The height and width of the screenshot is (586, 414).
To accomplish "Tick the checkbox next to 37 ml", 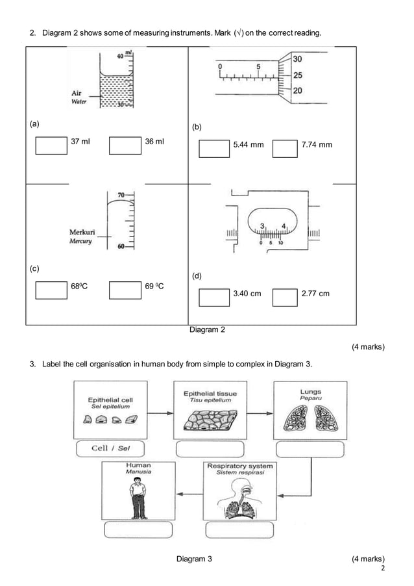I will [x=51, y=145].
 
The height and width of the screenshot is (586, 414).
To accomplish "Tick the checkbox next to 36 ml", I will [x=125, y=145].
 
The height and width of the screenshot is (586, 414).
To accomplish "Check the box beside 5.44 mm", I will [x=215, y=149].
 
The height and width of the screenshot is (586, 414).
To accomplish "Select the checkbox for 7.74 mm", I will [x=285, y=149].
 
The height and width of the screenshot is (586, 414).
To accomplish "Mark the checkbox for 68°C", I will [x=51, y=289].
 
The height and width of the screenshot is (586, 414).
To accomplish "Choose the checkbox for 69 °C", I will [x=125, y=289].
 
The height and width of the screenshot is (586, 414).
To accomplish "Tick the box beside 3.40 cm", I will [x=215, y=296].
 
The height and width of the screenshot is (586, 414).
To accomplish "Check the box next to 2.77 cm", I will [x=285, y=296].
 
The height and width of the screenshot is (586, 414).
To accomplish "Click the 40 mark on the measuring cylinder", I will [x=120, y=57].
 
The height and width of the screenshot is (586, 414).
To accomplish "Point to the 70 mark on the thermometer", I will [x=121, y=195].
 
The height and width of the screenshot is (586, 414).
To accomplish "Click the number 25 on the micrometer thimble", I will [x=297, y=75].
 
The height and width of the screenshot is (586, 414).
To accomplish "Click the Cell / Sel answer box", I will [x=109, y=448].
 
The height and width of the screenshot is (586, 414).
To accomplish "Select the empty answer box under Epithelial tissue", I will [x=210, y=449].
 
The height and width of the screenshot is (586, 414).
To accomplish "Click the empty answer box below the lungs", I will [x=310, y=449].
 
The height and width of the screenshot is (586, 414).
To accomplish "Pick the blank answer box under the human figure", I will [x=138, y=529].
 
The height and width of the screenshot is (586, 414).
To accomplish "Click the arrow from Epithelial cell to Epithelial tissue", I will [x=159, y=411].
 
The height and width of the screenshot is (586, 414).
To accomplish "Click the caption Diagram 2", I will [x=207, y=330].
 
